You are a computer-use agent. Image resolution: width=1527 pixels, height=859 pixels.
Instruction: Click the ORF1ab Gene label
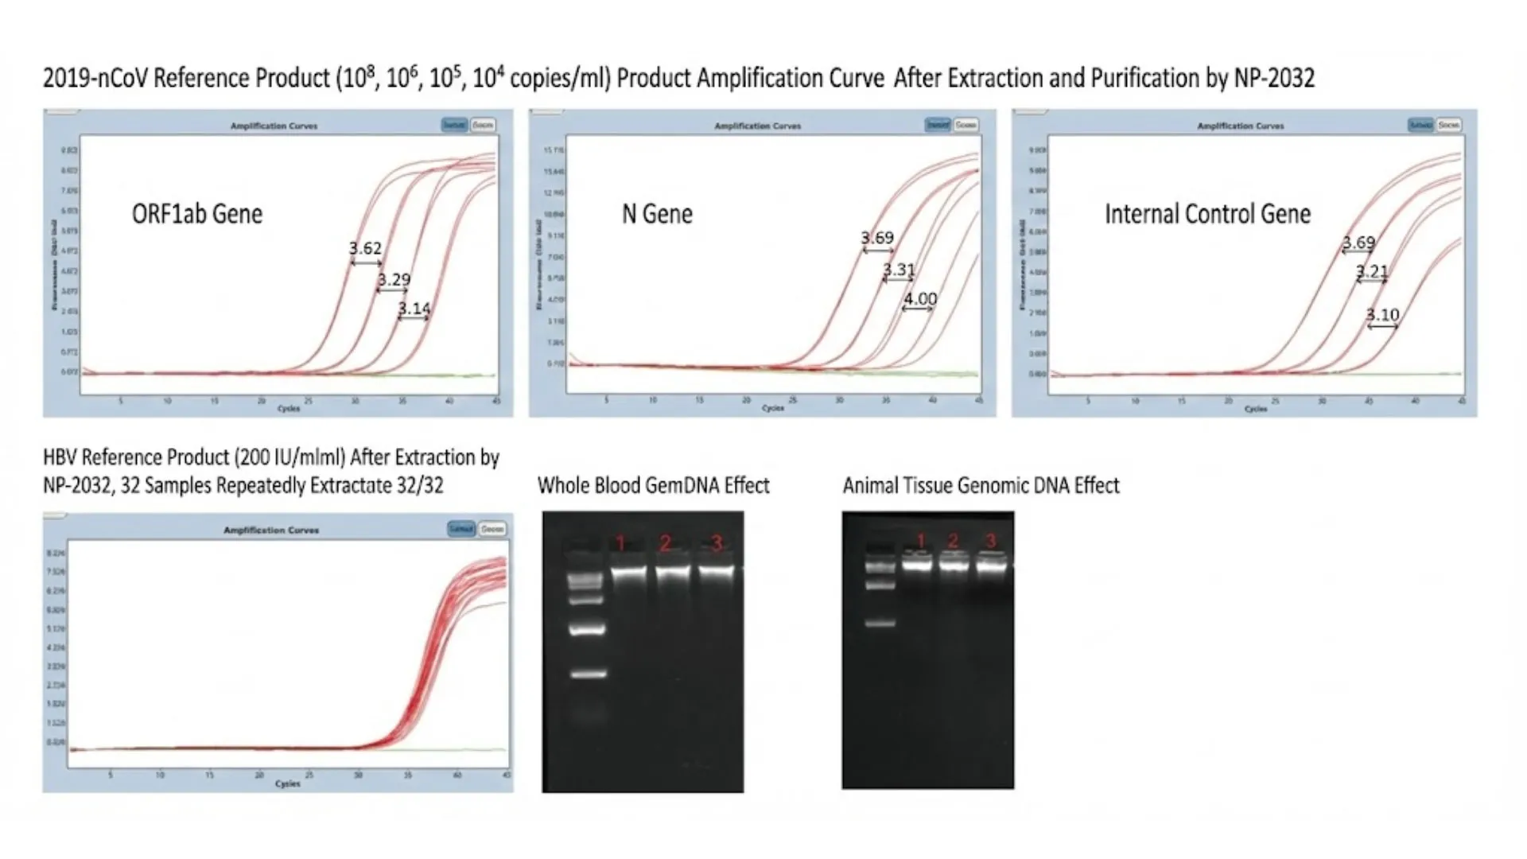[x=196, y=214]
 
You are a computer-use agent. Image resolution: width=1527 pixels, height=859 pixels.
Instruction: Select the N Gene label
[x=657, y=214]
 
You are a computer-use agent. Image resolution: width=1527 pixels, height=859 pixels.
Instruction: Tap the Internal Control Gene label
[x=1207, y=214]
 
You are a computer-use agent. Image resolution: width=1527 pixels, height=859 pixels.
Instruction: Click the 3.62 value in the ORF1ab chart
[x=365, y=248]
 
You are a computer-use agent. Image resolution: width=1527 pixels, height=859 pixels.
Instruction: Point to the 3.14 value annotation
[x=414, y=308]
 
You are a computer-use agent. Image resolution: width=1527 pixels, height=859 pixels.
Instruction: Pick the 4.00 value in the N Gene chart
[x=920, y=298]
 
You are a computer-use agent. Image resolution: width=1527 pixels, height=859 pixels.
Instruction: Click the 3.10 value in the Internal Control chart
[x=1382, y=314]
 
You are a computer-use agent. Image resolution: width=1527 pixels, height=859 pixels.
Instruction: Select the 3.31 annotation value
[x=899, y=270]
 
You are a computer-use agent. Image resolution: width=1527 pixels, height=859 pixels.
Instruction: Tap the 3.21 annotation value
[x=1372, y=271]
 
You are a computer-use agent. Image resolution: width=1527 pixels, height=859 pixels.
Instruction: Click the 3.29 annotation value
[x=394, y=279]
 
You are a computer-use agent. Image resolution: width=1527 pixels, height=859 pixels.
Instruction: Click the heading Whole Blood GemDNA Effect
[x=653, y=485]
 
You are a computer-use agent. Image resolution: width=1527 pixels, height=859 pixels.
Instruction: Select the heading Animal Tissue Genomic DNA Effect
[x=981, y=485]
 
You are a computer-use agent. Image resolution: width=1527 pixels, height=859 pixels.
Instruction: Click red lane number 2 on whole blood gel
[x=666, y=543]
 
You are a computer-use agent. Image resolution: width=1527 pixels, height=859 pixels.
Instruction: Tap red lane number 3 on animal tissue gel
[x=990, y=541]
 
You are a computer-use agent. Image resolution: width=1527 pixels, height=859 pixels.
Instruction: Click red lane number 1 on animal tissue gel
[x=921, y=541]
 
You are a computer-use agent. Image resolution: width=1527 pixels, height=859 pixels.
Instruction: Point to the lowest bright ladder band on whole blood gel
[x=589, y=674]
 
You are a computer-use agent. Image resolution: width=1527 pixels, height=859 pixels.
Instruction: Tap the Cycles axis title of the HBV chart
[x=287, y=783]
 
